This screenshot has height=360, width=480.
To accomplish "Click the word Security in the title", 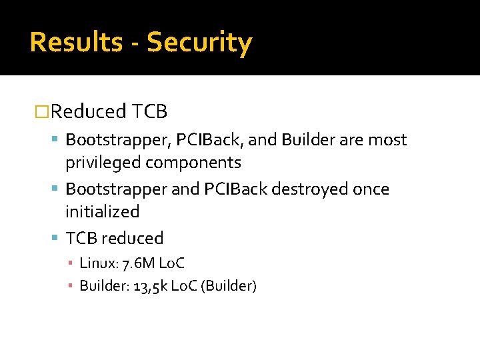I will [199, 42].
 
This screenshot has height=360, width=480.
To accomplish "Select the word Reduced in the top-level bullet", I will [88, 111].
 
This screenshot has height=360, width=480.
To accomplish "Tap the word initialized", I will [102, 212].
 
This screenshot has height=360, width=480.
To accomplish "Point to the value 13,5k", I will [152, 286].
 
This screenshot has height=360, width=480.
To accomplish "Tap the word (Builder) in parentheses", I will [229, 286].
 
